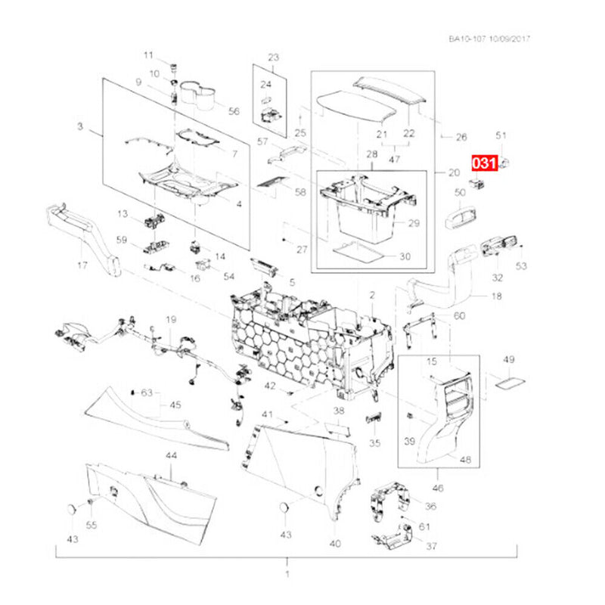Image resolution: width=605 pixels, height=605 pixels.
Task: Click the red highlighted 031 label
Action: click(485, 163)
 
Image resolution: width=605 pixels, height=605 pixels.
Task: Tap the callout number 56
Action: click(234, 111)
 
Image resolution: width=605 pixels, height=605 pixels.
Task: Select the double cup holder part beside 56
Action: click(197, 94)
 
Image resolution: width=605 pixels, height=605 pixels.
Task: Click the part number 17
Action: click(82, 265)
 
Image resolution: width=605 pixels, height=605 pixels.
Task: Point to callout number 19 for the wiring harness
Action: click(171, 319)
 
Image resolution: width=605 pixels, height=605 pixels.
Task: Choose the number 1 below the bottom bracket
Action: click(287, 574)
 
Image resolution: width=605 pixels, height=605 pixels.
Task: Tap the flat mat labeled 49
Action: click(510, 384)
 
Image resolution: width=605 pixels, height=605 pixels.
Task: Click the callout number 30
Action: click(405, 256)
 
